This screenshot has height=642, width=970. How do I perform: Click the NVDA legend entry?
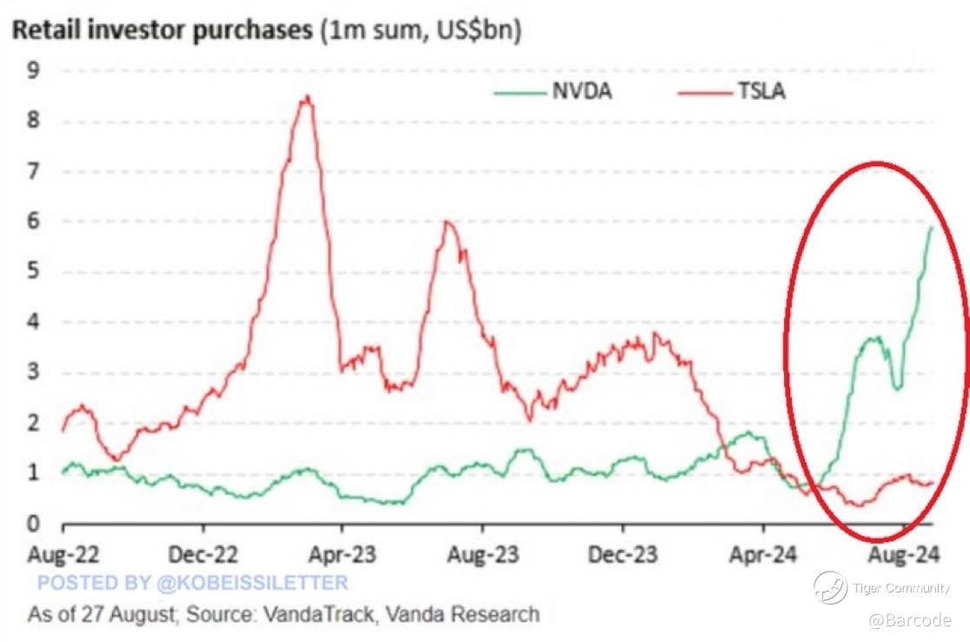(x=581, y=90)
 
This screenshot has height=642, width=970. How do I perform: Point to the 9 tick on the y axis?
(x=33, y=70)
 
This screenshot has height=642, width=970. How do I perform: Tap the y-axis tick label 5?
(x=33, y=272)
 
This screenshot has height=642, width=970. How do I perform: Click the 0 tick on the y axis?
(x=33, y=524)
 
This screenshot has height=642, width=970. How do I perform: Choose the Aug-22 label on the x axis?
(x=63, y=553)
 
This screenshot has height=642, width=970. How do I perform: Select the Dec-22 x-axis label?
(x=203, y=553)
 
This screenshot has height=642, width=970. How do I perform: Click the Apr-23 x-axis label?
(x=342, y=553)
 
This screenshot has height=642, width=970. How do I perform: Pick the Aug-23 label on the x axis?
(x=482, y=553)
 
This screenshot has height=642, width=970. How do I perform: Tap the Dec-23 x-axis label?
(x=622, y=553)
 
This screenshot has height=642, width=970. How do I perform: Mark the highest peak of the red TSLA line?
(x=306, y=97)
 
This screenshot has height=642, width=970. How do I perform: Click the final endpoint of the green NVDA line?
(x=932, y=228)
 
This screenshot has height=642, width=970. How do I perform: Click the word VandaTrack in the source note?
(x=322, y=615)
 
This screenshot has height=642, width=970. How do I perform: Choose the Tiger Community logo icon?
(x=830, y=588)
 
